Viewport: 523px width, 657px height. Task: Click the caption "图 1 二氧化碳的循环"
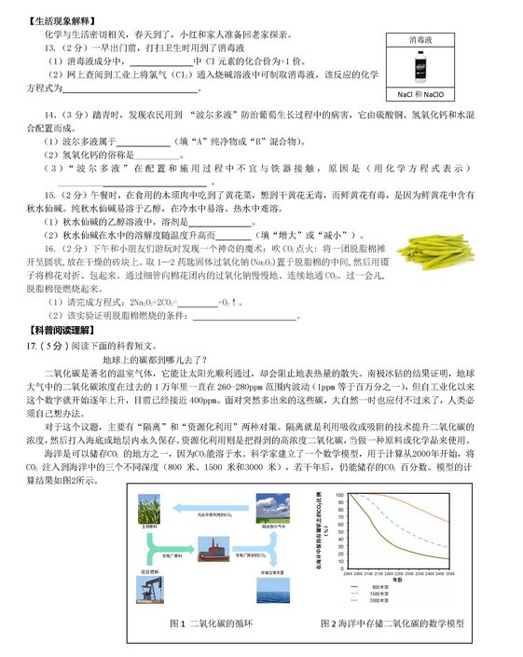[x=218, y=623]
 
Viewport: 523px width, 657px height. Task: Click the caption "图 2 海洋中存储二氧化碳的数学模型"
[x=391, y=623]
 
